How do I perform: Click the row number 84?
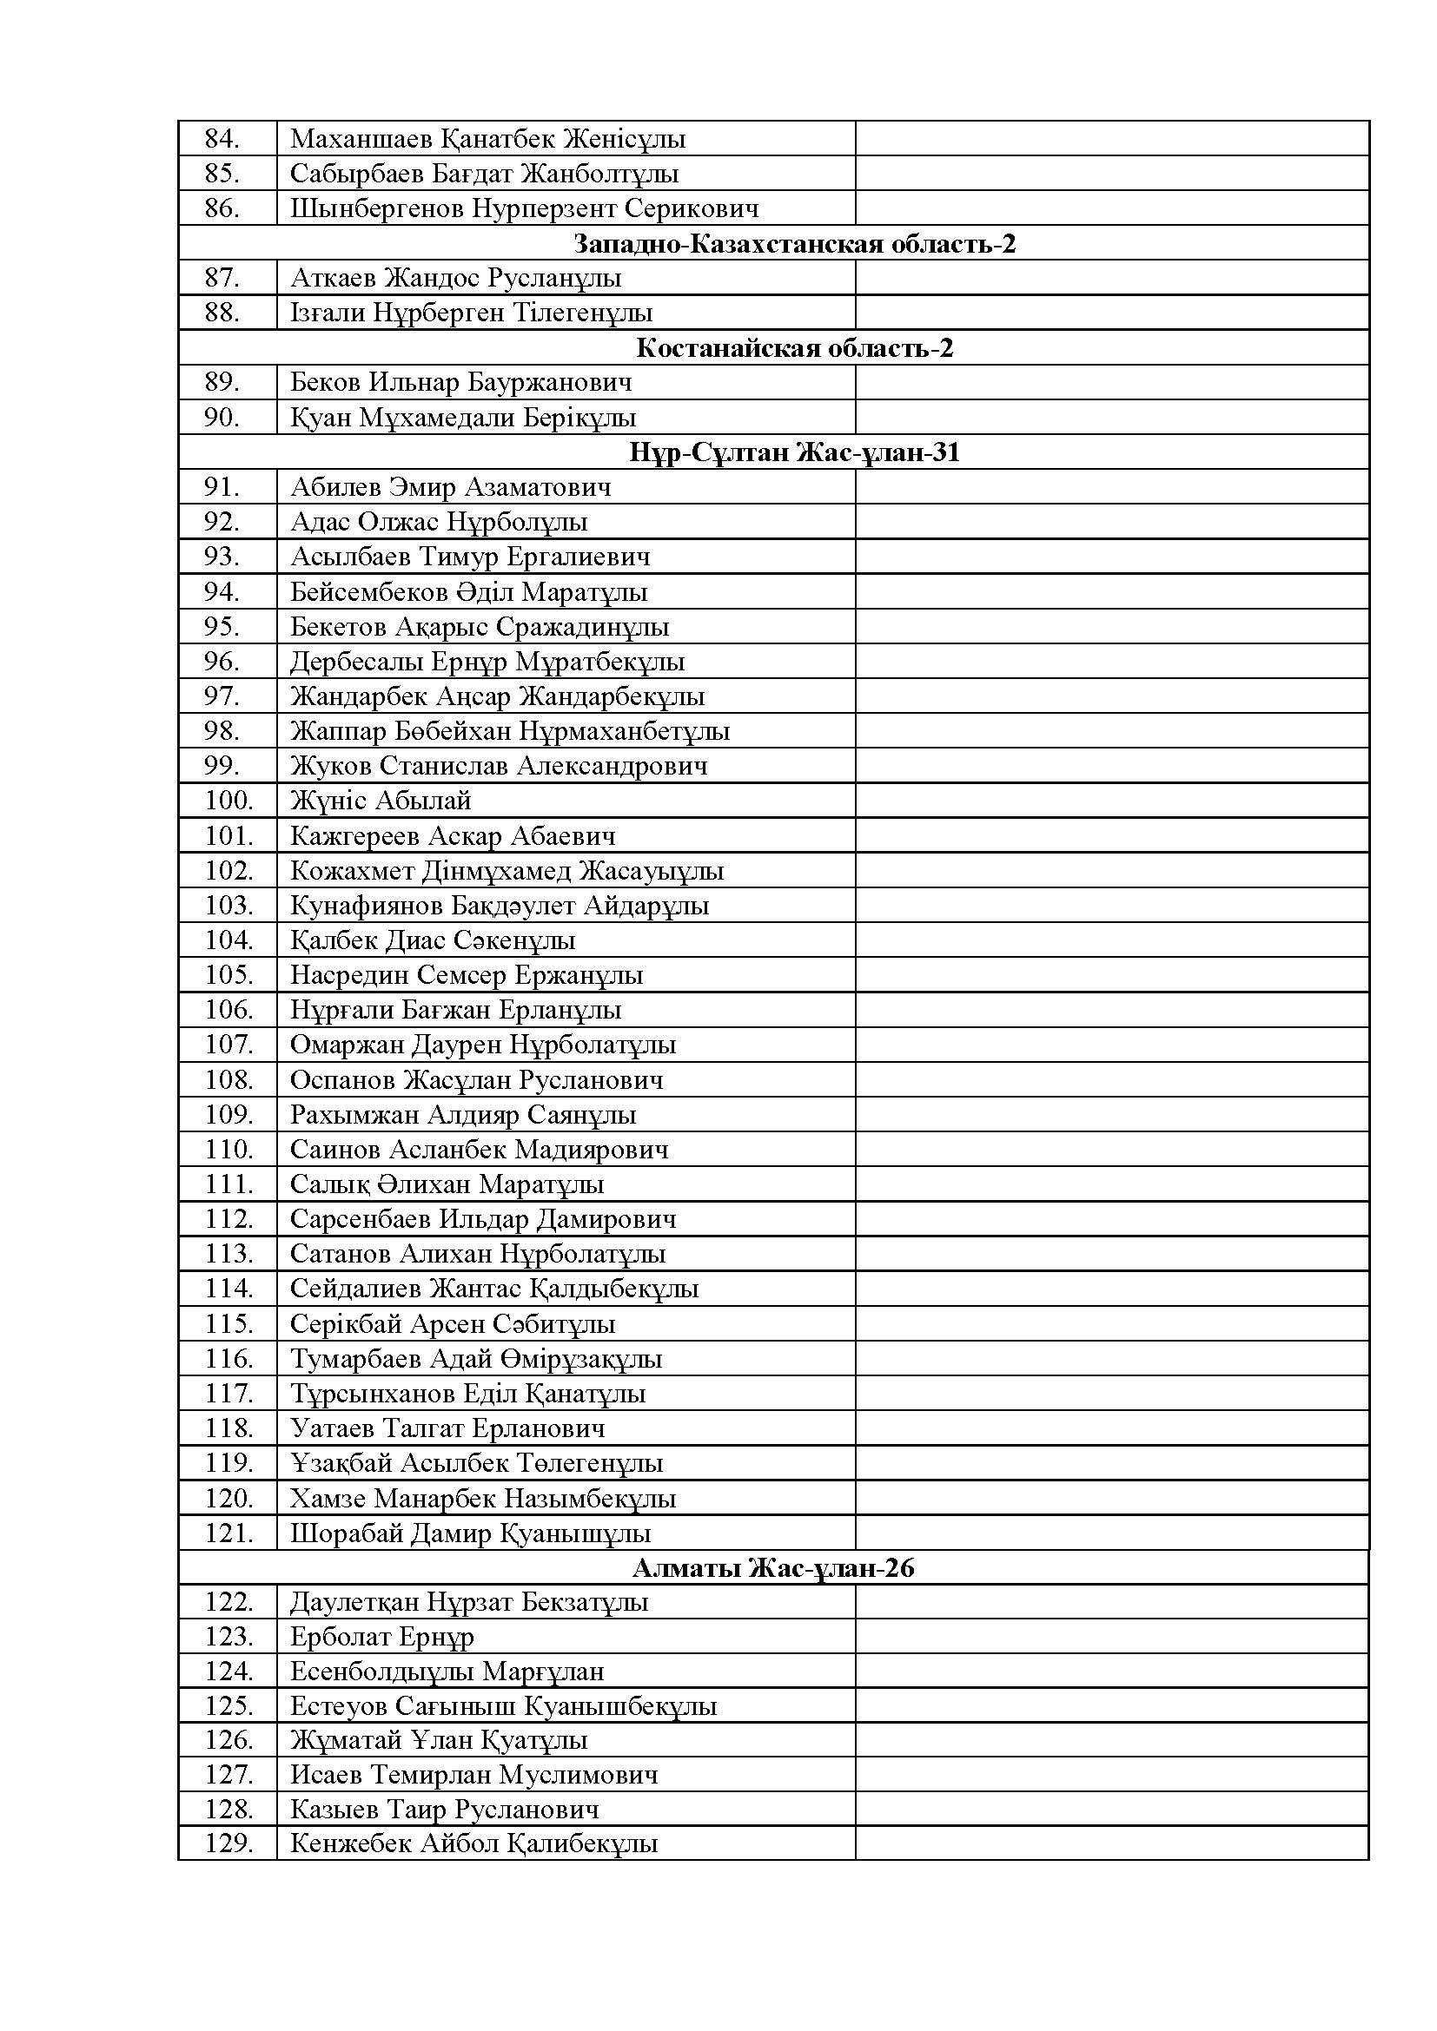(222, 139)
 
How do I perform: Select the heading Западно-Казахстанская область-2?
(795, 243)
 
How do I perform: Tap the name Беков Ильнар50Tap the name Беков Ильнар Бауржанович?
(461, 382)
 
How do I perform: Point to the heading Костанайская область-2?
(795, 347)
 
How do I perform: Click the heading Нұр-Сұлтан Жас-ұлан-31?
(795, 452)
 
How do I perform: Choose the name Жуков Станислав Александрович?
(499, 765)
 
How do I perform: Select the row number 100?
(229, 801)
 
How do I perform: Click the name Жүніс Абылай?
(381, 801)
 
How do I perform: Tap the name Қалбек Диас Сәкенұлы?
(433, 940)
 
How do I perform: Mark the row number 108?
(229, 1079)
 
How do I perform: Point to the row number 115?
(229, 1323)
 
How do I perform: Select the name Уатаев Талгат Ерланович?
(447, 1428)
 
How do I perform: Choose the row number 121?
(229, 1533)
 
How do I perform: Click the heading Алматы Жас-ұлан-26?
(773, 1567)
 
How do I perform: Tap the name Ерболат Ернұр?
(382, 1638)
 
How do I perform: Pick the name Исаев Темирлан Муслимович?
(474, 1775)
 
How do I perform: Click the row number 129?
(229, 1843)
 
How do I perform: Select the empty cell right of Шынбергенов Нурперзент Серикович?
(1111, 208)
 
